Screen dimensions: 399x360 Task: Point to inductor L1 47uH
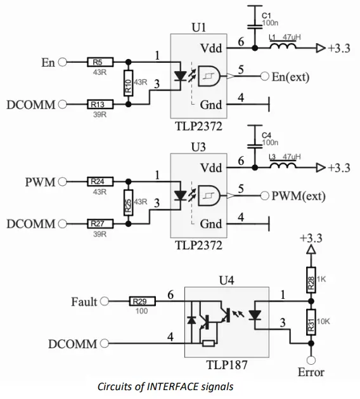284,46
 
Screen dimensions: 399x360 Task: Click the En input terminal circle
62,62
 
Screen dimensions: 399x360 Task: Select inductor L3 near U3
284,166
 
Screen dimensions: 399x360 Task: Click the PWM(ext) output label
301,197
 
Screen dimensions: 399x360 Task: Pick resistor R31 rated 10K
311,322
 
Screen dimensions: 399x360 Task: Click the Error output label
311,372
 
